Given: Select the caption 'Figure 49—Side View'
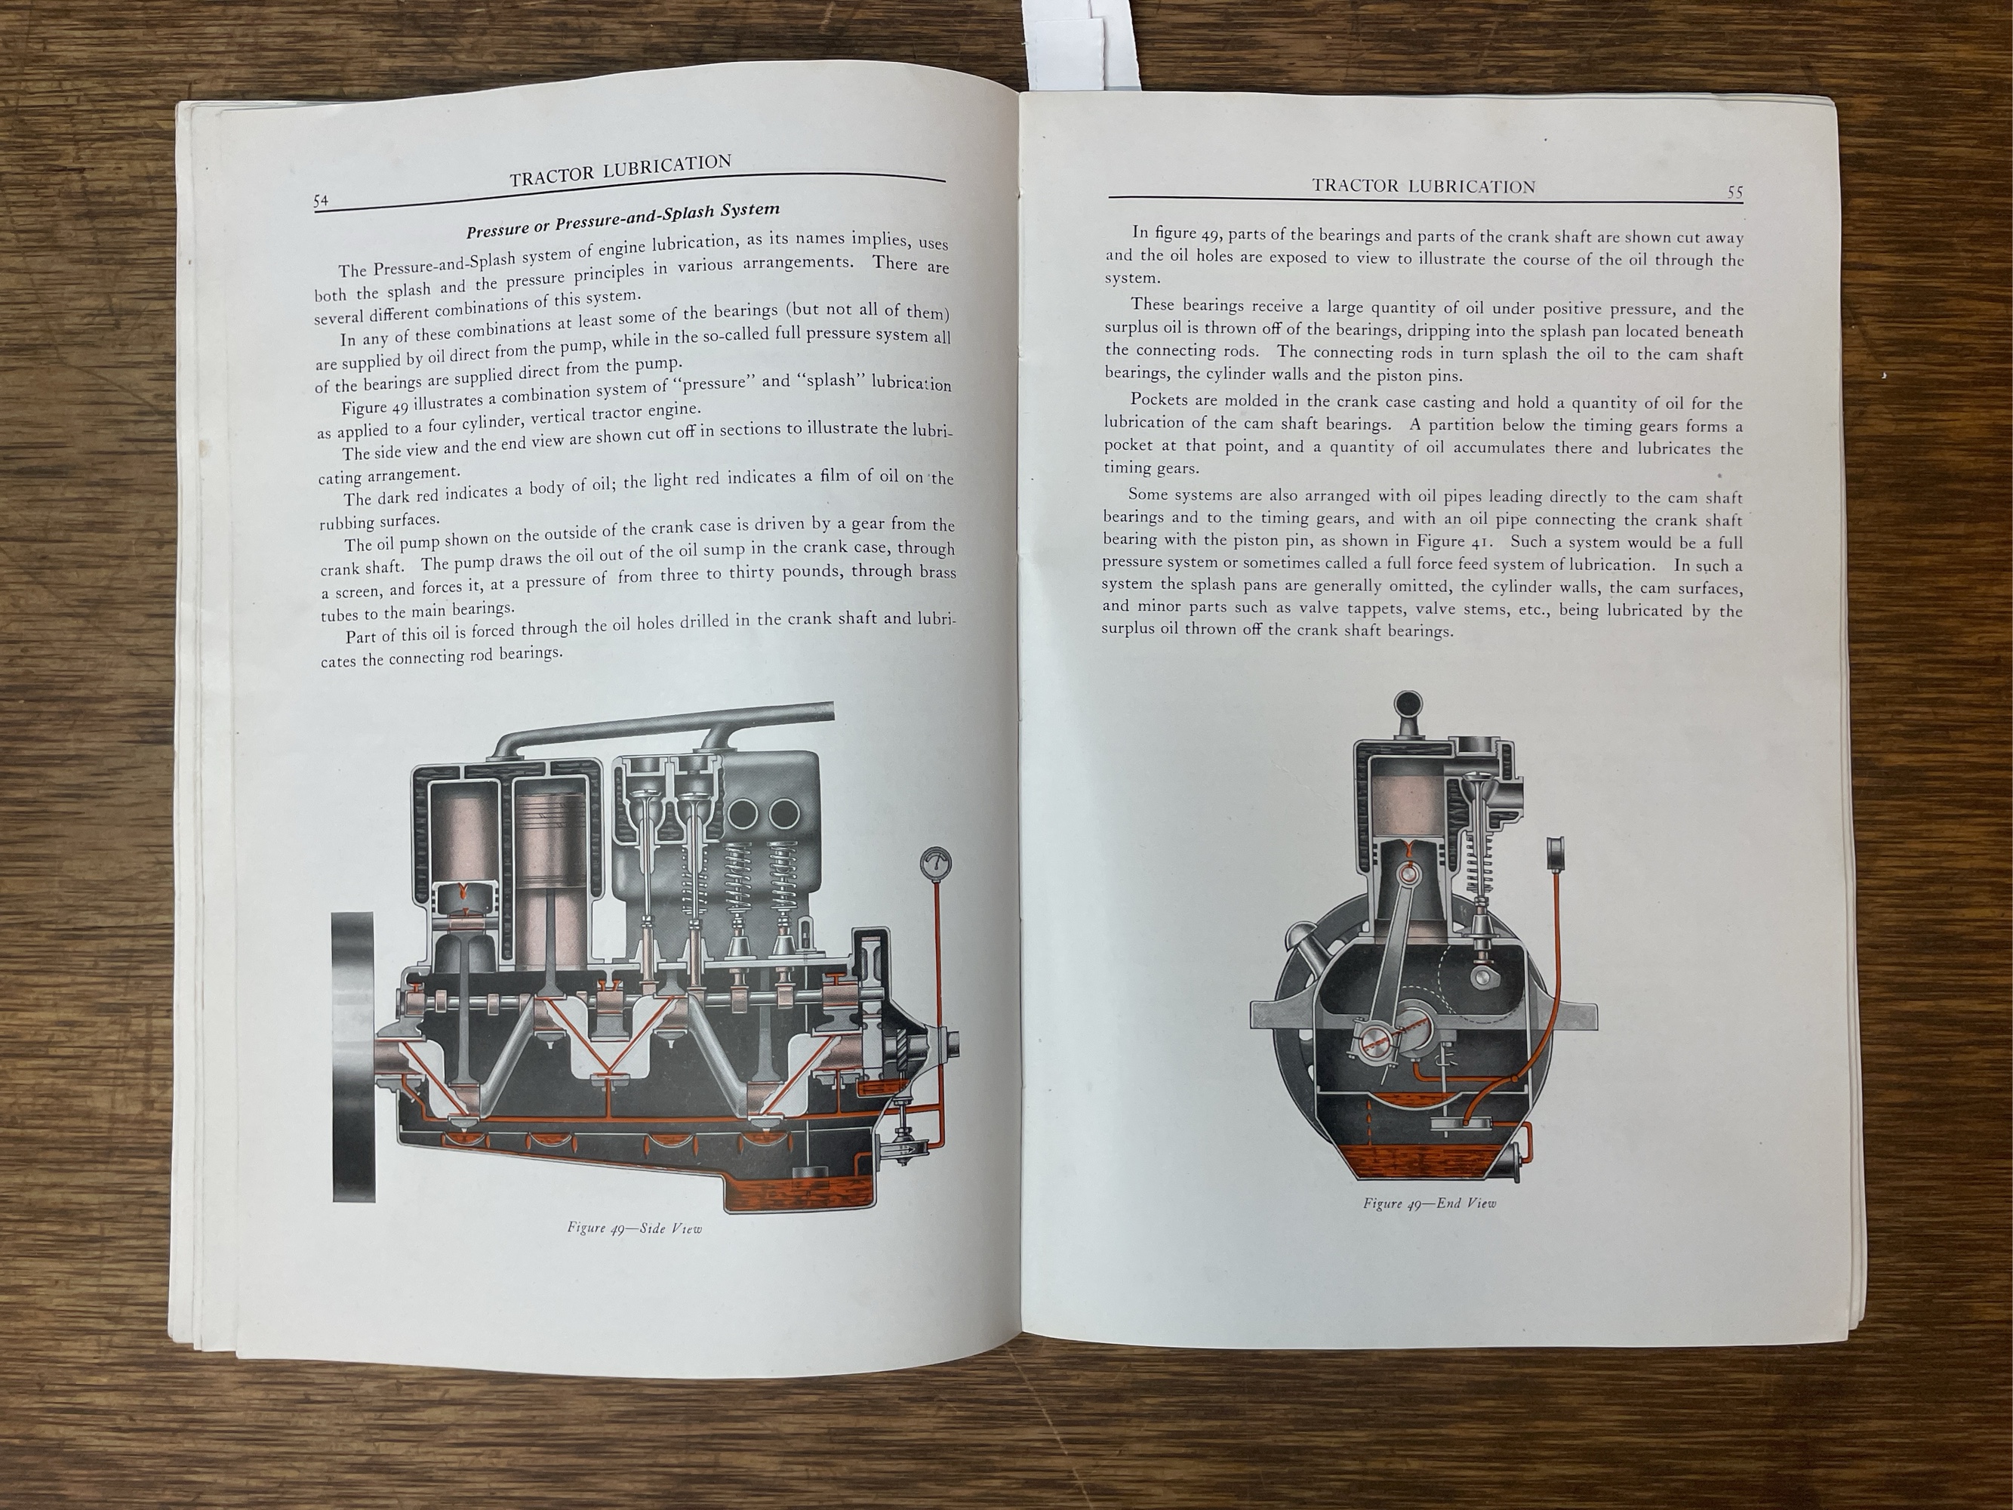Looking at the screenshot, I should click(x=634, y=1228).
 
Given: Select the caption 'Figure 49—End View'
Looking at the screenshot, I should click(x=1430, y=1203).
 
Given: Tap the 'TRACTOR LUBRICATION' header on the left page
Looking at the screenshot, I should click(x=620, y=170).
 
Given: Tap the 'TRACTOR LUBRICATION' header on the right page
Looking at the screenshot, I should click(x=1424, y=186).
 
